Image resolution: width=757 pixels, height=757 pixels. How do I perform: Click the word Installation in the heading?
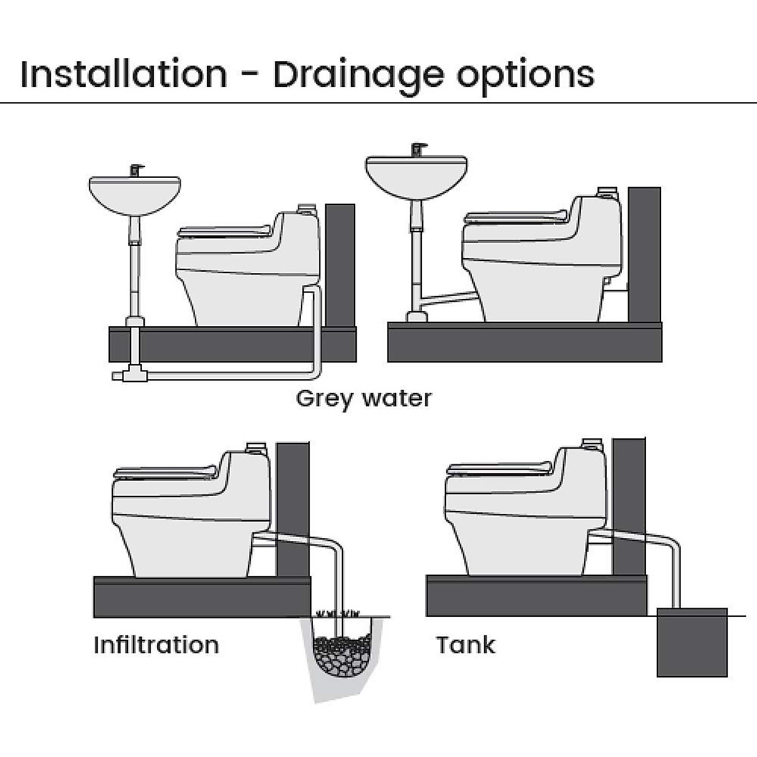pos(124,74)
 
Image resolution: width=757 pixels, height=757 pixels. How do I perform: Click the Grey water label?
pos(364,399)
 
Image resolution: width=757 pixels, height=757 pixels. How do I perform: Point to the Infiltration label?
pos(156,645)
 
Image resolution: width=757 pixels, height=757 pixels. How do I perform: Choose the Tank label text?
pos(466,645)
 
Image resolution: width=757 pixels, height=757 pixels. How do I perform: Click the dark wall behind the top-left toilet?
pos(340,265)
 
